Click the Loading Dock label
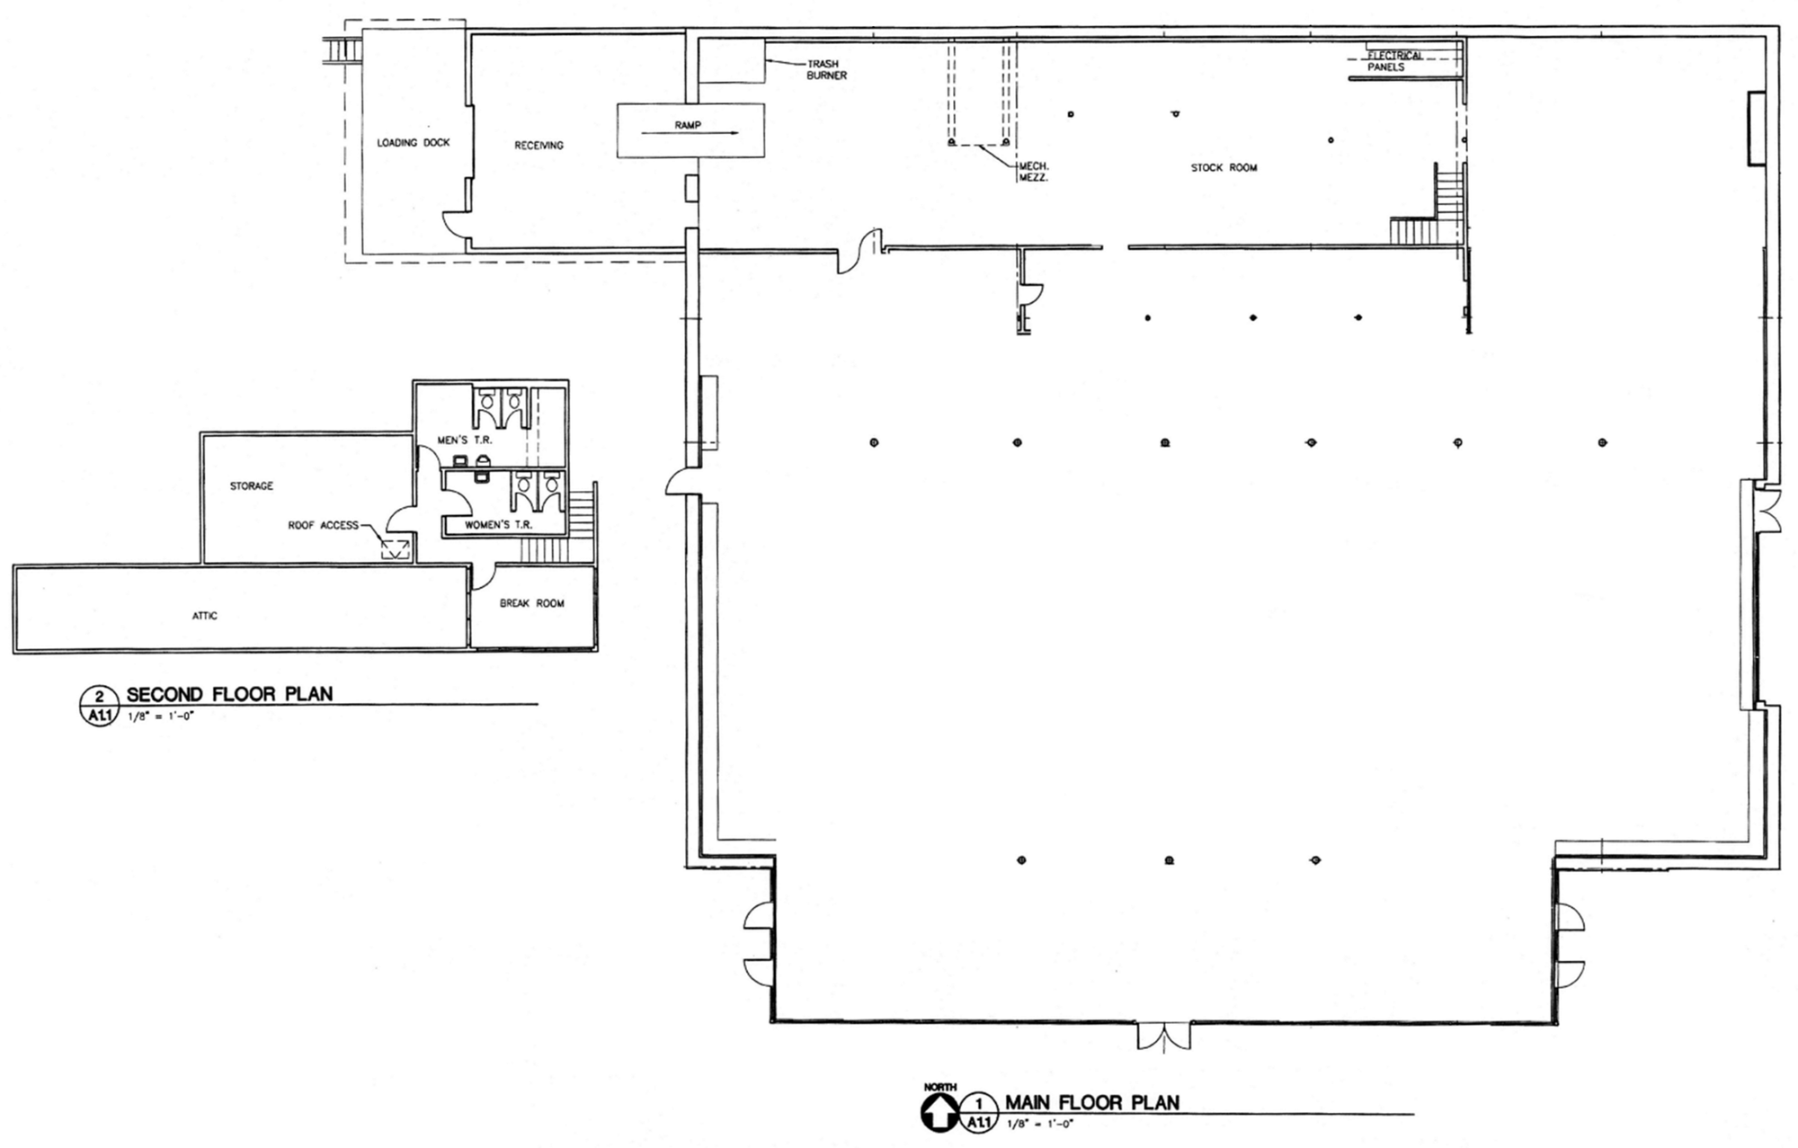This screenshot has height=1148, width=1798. [413, 143]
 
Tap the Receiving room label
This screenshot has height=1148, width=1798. [539, 146]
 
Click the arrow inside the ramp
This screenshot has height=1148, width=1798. [690, 133]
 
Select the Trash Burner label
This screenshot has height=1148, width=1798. [826, 70]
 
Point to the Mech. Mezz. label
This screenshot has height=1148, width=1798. [1034, 172]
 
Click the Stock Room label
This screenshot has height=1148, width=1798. [1224, 168]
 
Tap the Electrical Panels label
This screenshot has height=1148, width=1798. [1394, 61]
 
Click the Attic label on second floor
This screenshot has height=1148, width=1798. [204, 616]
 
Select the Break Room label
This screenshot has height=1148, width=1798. [531, 603]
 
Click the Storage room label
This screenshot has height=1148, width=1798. [251, 486]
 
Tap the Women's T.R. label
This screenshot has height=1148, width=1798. [498, 524]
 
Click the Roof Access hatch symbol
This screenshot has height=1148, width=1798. [395, 549]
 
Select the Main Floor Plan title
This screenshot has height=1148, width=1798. [1091, 1102]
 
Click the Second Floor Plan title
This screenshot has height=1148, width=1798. [229, 694]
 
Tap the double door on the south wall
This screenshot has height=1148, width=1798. [1164, 1036]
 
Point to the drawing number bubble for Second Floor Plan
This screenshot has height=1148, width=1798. [99, 705]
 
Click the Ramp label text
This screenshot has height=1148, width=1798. [688, 126]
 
